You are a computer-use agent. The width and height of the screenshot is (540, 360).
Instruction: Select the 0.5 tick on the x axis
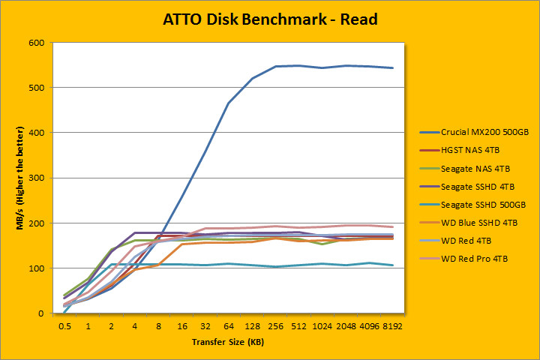65,327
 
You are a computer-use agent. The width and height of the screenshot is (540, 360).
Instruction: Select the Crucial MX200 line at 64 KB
228,103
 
